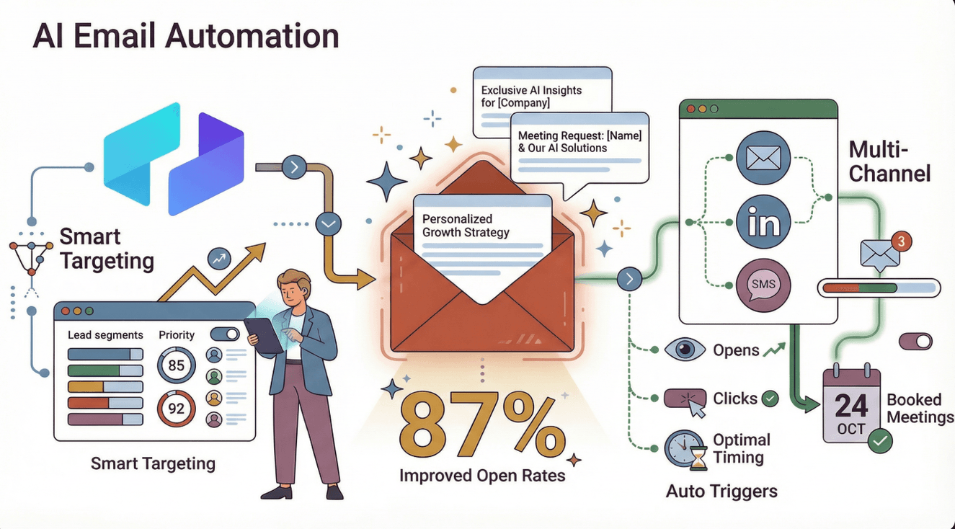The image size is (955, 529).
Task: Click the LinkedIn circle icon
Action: [763, 222]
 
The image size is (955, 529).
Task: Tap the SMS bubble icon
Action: [763, 284]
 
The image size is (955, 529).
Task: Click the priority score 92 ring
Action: [177, 409]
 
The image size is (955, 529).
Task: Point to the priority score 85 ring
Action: [177, 365]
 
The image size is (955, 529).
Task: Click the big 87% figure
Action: [482, 430]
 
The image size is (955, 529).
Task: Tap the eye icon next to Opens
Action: [684, 350]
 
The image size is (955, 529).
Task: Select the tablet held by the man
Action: [263, 335]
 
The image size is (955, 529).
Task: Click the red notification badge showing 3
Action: [901, 241]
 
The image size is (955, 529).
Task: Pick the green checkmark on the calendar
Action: [880, 440]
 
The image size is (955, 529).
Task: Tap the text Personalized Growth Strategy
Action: [466, 226]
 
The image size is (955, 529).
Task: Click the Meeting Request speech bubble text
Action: [579, 141]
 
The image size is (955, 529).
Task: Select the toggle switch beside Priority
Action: [225, 334]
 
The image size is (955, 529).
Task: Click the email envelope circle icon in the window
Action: [763, 159]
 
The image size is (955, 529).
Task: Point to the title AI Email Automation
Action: [186, 36]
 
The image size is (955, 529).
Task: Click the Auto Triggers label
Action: [721, 492]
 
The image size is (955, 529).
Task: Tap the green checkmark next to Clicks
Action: [770, 398]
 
